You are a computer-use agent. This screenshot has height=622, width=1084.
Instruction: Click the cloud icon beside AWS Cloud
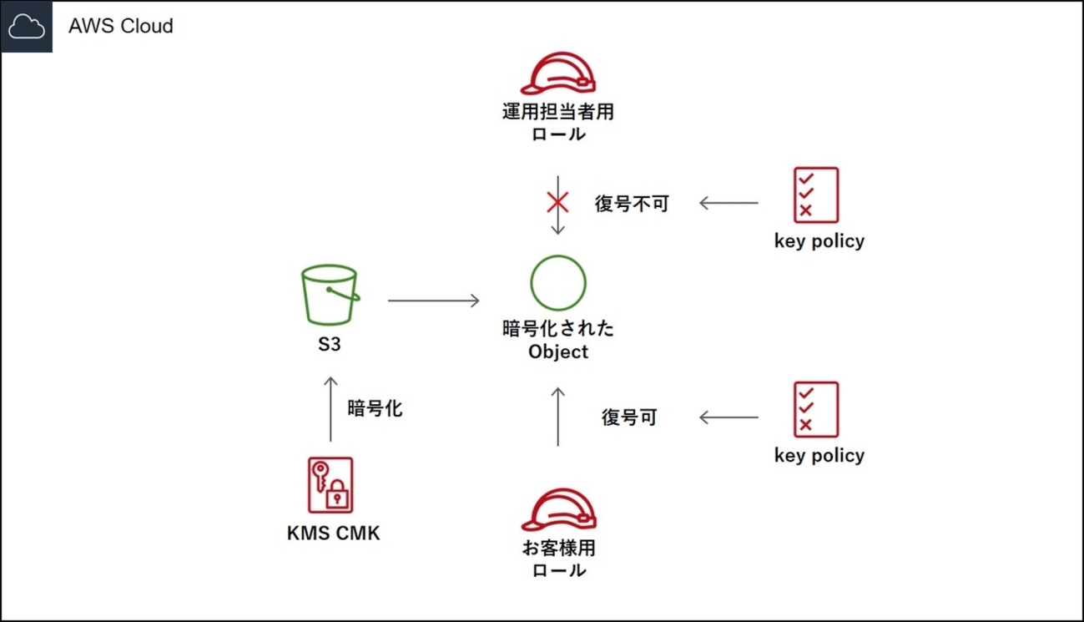pos(27,27)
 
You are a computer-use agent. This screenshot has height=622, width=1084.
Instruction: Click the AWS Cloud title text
pos(121,26)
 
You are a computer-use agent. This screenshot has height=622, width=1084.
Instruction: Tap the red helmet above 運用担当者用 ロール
pos(558,73)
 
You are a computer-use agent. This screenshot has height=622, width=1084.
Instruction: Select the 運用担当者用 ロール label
pos(558,122)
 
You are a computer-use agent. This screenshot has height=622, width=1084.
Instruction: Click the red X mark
pos(557,201)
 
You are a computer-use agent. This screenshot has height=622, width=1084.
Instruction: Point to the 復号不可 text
pos(632,203)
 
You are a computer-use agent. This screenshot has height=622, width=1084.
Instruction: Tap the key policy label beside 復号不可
pos(819,241)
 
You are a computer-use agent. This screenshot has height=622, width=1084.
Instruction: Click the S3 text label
pos(330,344)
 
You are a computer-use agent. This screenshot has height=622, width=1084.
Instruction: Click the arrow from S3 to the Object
pos(433,301)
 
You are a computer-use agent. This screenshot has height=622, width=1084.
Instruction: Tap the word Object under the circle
pos(558,351)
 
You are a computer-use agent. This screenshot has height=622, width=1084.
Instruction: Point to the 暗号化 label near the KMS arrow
pos(375,408)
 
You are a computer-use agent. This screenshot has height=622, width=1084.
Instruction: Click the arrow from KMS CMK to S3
pos(330,409)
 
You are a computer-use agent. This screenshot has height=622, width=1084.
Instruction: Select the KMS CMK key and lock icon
pos(330,484)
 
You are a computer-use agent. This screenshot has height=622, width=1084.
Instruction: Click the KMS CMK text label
pos(333,533)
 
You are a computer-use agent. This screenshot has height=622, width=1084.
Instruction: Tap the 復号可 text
pos(629,417)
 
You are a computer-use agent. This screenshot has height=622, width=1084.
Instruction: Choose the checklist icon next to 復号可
pos(815,410)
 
